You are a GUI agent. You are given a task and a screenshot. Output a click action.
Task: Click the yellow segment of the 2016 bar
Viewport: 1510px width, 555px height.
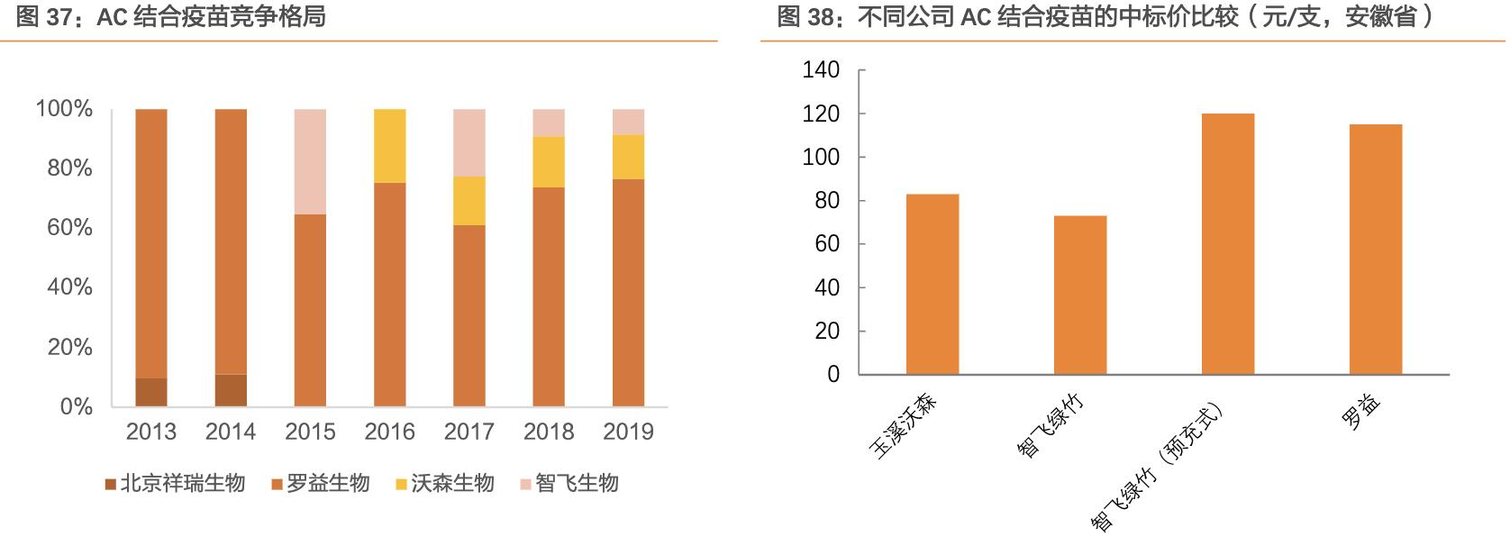point(389,146)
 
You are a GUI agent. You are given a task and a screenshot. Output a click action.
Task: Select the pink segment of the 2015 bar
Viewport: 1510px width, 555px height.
point(310,162)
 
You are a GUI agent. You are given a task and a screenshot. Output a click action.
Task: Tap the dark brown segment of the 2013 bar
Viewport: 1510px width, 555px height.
point(150,392)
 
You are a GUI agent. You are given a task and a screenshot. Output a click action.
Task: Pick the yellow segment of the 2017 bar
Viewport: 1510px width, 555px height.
point(468,201)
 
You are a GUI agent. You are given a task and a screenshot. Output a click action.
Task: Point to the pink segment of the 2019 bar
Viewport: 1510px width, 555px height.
point(628,123)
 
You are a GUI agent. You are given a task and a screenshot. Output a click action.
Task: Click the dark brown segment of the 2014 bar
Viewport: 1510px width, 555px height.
point(231,390)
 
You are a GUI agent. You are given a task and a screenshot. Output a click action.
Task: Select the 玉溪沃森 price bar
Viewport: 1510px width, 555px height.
point(932,284)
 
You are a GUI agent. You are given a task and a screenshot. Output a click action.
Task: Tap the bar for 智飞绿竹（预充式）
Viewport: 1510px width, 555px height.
point(1228,243)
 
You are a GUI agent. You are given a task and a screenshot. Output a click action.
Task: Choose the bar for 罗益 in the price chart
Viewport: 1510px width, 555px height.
point(1376,249)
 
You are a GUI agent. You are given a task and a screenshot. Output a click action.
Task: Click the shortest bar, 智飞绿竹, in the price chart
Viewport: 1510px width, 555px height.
point(1080,295)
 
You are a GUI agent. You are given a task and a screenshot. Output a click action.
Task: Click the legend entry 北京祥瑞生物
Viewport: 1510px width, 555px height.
point(175,484)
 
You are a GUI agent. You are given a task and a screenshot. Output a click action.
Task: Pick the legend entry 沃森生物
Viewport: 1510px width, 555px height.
point(444,484)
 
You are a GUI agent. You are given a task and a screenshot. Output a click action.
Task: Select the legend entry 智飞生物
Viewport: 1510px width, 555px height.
point(569,484)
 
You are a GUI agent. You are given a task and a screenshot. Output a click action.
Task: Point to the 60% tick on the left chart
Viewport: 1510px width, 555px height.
point(70,228)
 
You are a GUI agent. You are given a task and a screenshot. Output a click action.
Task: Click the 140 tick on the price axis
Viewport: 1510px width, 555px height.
point(820,70)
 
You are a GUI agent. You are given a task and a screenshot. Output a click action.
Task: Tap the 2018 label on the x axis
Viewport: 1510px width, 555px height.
point(548,432)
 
